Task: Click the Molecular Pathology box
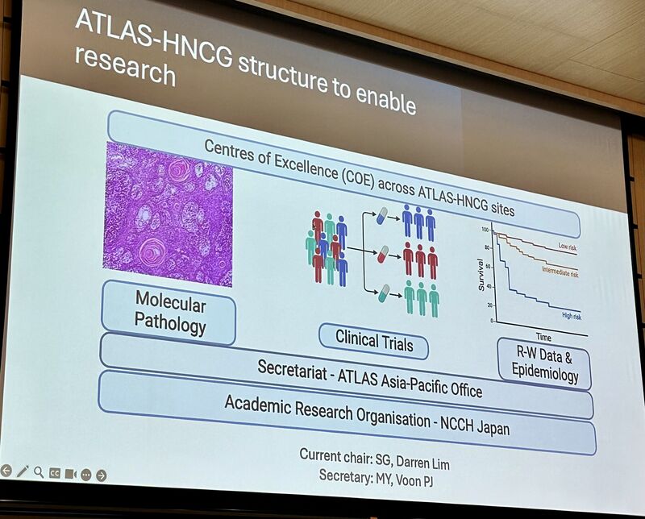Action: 169,313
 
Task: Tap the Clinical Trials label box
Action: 373,342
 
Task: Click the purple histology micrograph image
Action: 168,214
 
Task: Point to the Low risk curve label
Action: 568,247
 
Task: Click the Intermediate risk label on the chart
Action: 560,272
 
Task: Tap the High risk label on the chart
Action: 572,316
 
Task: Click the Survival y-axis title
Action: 481,275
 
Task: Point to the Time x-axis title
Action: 543,337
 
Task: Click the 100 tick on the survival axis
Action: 485,230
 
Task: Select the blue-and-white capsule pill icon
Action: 382,216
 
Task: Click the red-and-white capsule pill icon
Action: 383,254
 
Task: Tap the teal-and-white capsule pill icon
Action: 384,293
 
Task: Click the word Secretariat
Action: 292,369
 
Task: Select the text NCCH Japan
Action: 475,426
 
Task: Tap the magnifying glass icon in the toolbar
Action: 39,472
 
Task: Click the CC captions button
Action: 54,473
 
